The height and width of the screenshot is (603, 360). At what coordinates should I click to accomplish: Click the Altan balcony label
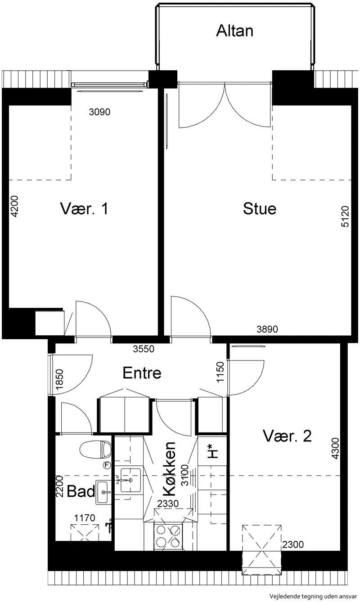[x=234, y=31]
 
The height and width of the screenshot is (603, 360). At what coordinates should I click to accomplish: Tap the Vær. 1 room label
[x=84, y=209]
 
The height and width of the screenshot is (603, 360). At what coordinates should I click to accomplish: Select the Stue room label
[x=260, y=209]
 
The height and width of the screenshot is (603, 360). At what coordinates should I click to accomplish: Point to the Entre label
[x=142, y=373]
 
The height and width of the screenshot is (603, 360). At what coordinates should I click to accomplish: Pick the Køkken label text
[x=169, y=468]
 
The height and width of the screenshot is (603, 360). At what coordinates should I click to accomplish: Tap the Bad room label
[x=81, y=491]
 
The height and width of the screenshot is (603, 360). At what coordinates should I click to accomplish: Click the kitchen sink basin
[x=130, y=480]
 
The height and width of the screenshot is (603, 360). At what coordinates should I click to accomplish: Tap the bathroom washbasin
[x=103, y=492]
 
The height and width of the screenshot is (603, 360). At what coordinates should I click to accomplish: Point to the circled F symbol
[x=108, y=465]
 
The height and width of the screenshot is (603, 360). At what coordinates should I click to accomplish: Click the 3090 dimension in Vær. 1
[x=99, y=112]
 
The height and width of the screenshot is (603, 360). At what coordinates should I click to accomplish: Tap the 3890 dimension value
[x=267, y=329]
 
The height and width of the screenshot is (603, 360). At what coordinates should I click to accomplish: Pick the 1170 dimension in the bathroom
[x=85, y=517]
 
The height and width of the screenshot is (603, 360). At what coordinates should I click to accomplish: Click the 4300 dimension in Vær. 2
[x=335, y=449]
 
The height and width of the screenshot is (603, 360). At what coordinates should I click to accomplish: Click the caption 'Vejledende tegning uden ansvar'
[x=314, y=597]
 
